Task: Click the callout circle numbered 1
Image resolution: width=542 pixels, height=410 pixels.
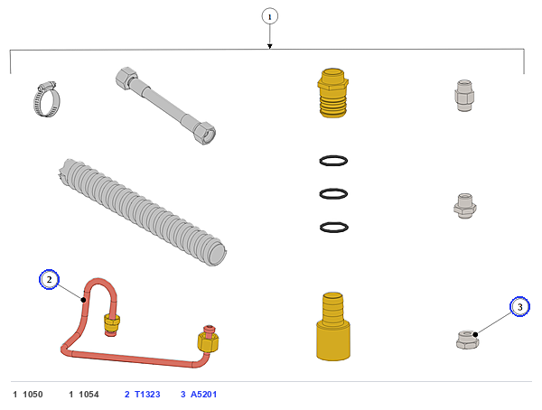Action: pyautogui.click(x=269, y=16)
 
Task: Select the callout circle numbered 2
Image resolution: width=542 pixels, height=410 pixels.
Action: pyautogui.click(x=49, y=279)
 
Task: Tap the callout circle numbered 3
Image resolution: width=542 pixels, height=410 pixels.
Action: pyautogui.click(x=519, y=306)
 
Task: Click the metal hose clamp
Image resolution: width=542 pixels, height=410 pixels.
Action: pyautogui.click(x=47, y=99)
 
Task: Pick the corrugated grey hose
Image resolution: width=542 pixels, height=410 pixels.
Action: pyautogui.click(x=142, y=211)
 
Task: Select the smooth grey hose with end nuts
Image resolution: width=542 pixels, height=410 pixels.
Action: pyautogui.click(x=165, y=106)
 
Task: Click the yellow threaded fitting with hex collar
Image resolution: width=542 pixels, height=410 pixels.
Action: pyautogui.click(x=332, y=93)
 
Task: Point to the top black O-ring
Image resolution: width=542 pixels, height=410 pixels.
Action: pyautogui.click(x=333, y=161)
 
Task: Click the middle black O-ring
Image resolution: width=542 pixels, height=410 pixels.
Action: pyautogui.click(x=333, y=194)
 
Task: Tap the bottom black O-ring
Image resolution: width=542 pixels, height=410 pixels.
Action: pyautogui.click(x=333, y=228)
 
